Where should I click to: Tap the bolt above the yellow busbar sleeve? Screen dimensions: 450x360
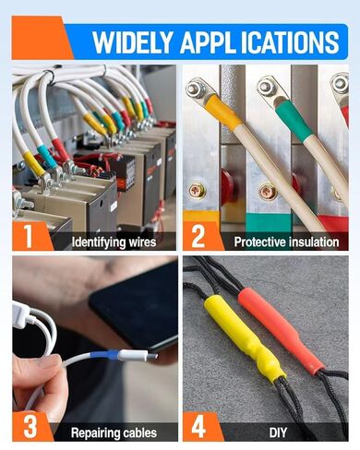coord(195,89)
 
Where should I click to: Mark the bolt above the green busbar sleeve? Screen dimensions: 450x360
coord(267,89)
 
